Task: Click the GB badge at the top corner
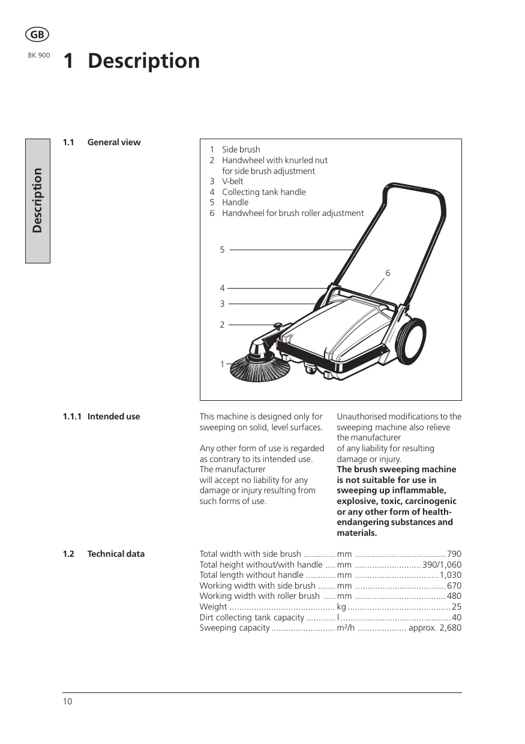coord(37,35)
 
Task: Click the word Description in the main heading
coord(143,61)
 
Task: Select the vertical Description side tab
coord(37,200)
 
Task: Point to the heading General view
coord(114,142)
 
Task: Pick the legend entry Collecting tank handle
coord(263,192)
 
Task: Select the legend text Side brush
coord(241,149)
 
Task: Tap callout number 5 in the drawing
coord(222,250)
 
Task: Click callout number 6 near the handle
coord(388,273)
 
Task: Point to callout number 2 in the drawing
coord(222,325)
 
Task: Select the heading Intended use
coord(113,416)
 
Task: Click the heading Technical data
coord(116,554)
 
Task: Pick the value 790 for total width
coord(454,554)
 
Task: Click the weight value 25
coord(457,607)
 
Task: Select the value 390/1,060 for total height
coord(442,565)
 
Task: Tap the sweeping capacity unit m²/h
coord(346,628)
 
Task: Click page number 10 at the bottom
coord(67,701)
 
